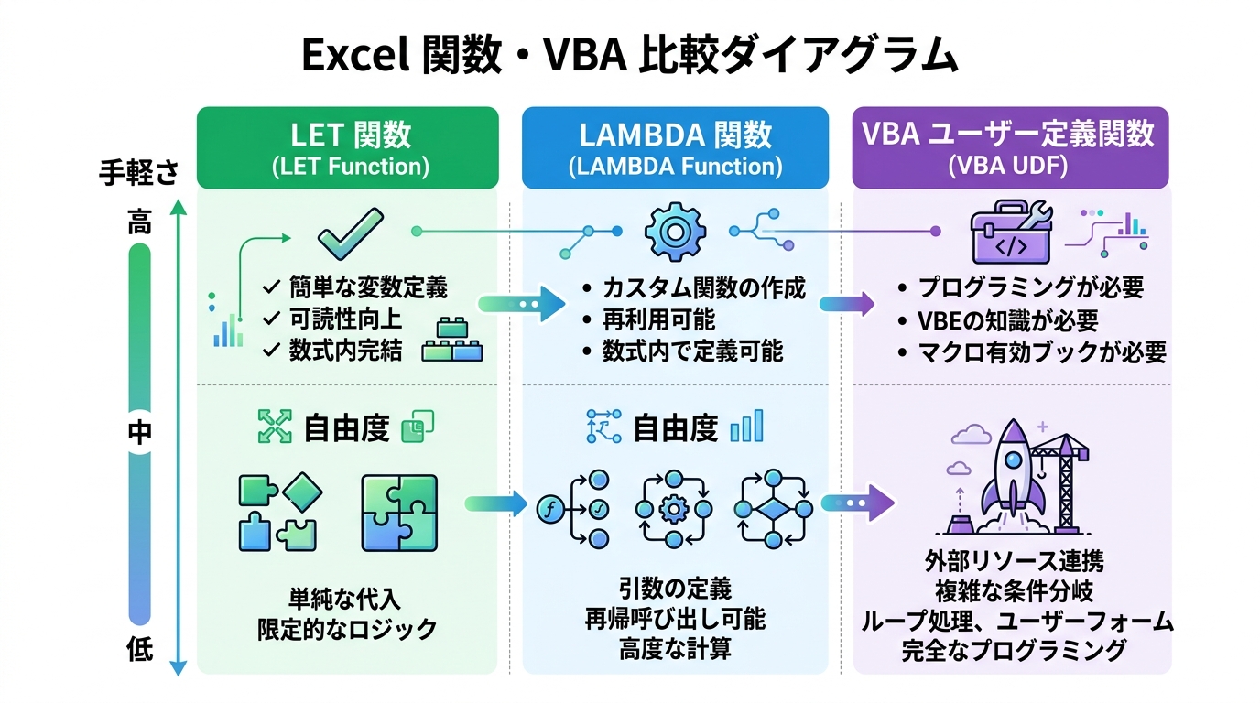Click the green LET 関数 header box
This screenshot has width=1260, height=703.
tap(348, 147)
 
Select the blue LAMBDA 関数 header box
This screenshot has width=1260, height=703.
tap(675, 147)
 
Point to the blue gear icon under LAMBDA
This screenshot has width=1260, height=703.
tap(675, 233)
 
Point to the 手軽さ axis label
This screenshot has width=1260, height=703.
tap(138, 173)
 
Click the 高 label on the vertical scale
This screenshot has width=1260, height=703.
tap(139, 222)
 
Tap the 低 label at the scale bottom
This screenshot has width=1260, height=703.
tap(139, 651)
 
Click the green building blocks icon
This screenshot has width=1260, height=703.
tap(452, 341)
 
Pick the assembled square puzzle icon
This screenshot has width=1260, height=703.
tap(399, 513)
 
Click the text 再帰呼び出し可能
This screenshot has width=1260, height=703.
tap(675, 619)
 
